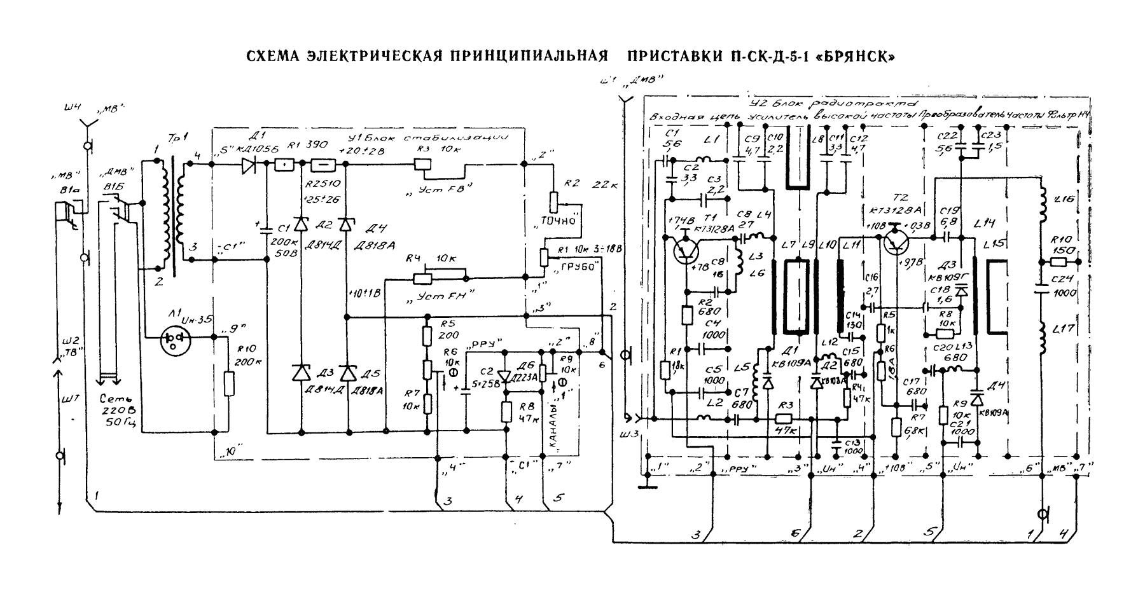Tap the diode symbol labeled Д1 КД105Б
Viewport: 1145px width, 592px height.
(250, 166)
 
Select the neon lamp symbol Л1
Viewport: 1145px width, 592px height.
(176, 340)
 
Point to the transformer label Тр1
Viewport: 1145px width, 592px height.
(173, 138)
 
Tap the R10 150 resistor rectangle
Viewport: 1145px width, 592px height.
(1058, 261)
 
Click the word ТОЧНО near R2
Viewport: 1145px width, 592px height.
(558, 220)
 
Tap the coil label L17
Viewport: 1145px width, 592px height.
(1064, 329)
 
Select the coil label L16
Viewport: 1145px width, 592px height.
(1064, 200)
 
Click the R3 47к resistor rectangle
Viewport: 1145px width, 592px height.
(783, 419)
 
